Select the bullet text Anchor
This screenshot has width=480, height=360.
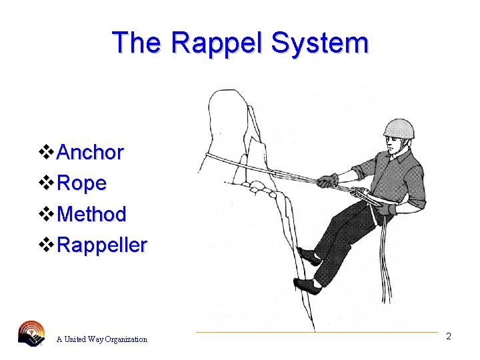point(91,153)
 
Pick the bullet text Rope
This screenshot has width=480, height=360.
point(82,183)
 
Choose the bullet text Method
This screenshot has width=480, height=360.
point(92,214)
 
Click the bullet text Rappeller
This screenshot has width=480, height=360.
point(102,245)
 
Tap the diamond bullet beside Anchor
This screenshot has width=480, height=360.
point(47,153)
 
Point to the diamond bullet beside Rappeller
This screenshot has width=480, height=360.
point(47,245)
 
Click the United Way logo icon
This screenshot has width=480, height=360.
point(32,333)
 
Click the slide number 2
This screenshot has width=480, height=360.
point(449,336)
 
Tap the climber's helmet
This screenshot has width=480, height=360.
point(399,129)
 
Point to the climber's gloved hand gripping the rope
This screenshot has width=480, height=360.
point(327,180)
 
